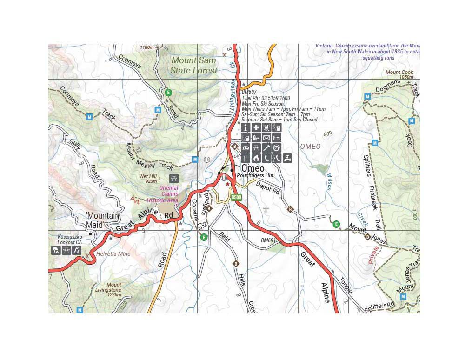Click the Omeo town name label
coord(253,168)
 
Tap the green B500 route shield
coord(236,197)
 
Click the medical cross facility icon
coord(256,127)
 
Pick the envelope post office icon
coord(266,138)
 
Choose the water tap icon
coord(288,158)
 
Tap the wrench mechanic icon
coord(266,148)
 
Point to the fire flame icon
coord(256,158)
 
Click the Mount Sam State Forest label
coord(194,66)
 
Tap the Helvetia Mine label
coord(113,254)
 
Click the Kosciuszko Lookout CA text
coord(70,240)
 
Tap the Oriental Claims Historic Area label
coord(162,194)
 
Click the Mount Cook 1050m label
coord(399,75)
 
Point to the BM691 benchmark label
coord(269,241)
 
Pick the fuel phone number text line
coord(266,98)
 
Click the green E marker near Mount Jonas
coord(337,224)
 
